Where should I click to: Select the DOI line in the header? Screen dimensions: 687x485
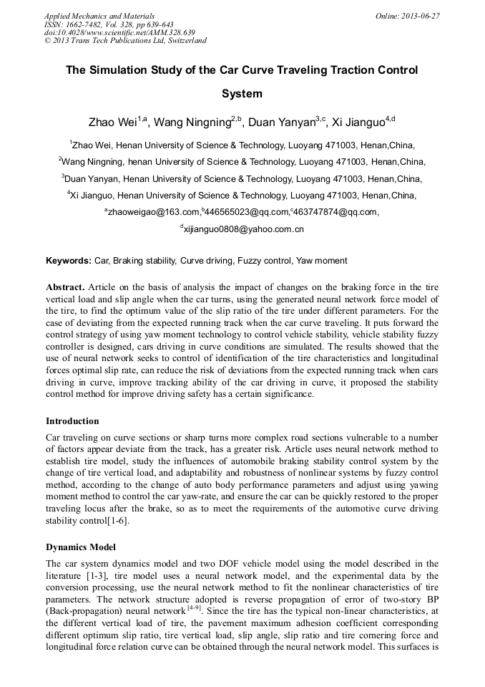click(x=119, y=32)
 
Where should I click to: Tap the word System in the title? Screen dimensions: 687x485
click(x=242, y=94)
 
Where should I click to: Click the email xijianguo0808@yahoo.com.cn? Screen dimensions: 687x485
click(x=244, y=230)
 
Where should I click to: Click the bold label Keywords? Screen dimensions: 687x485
click(x=69, y=261)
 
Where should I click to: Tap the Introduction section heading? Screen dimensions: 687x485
click(x=72, y=421)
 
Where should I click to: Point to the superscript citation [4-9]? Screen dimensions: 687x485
click(x=195, y=607)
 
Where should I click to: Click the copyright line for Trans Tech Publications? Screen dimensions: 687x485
click(x=125, y=41)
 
